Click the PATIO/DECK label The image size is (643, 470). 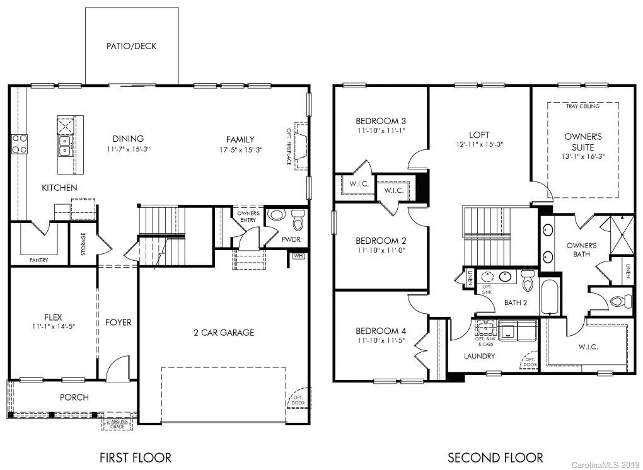131,46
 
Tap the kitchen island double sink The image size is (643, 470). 64,146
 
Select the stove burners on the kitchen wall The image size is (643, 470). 20,144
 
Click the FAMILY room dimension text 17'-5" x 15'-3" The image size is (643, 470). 240,150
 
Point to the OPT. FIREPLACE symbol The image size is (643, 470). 299,145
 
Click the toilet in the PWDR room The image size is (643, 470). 298,221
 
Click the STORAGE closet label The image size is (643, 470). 84,244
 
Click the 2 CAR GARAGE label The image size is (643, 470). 224,332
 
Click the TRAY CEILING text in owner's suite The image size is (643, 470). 582,106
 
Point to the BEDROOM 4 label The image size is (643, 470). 381,331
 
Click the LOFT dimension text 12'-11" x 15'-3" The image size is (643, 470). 480,144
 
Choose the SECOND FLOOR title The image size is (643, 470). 495,457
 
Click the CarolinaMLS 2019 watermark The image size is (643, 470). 605,465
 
